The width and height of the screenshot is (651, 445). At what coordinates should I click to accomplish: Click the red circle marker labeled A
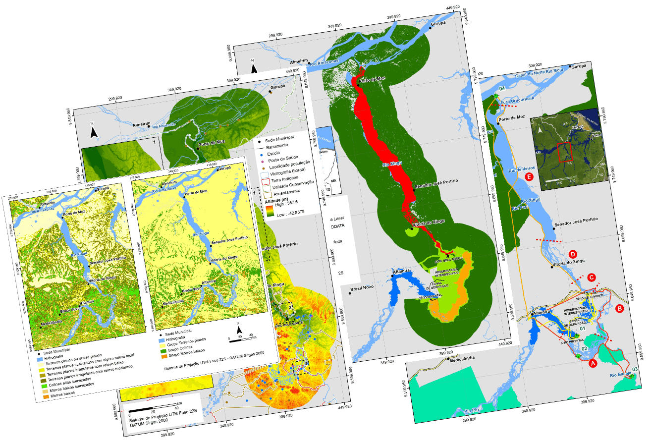point(591,363)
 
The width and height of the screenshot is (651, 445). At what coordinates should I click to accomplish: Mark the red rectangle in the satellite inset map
point(564,152)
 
